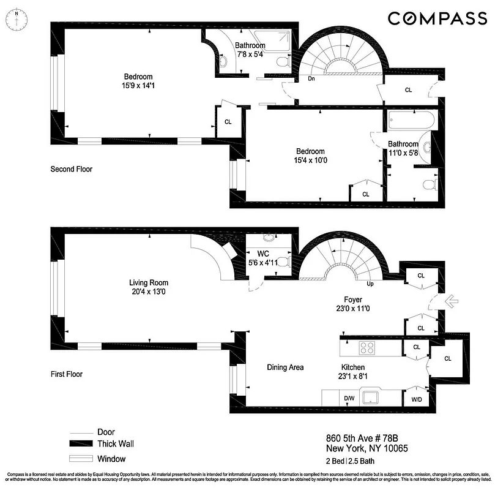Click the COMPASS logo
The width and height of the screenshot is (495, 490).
pos(437,18)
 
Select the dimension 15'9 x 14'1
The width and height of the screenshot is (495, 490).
pos(136,86)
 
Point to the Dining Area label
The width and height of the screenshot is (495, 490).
pos(285,367)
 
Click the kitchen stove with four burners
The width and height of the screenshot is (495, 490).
pos(367,348)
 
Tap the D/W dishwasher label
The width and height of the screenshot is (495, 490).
pos(349,399)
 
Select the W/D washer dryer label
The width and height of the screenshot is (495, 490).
pos(415,399)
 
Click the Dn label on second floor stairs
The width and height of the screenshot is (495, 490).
pos(311,78)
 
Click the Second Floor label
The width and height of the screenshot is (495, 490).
pos(71,169)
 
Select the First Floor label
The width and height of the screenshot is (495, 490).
pos(66,374)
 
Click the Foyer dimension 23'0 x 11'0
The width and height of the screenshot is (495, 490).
pos(352,309)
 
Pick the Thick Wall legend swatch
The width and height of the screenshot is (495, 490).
pos(81,444)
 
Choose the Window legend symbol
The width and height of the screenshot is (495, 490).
pos(81,459)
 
